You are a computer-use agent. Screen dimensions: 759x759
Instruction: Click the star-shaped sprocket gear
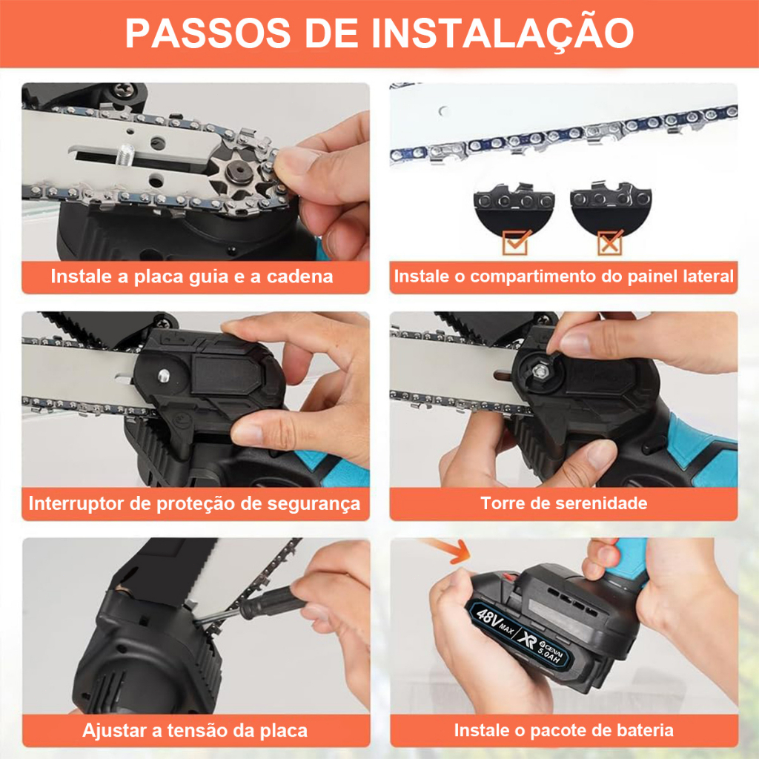[x=239, y=172]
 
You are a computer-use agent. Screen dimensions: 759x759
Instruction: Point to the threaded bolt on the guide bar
[x=125, y=156]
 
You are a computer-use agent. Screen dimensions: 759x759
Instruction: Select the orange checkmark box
[x=516, y=242]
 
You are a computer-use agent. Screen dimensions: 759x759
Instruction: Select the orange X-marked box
[x=610, y=242]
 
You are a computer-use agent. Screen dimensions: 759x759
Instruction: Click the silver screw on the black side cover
[x=164, y=374]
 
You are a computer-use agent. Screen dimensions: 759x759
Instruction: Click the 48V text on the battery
[x=489, y=616]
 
